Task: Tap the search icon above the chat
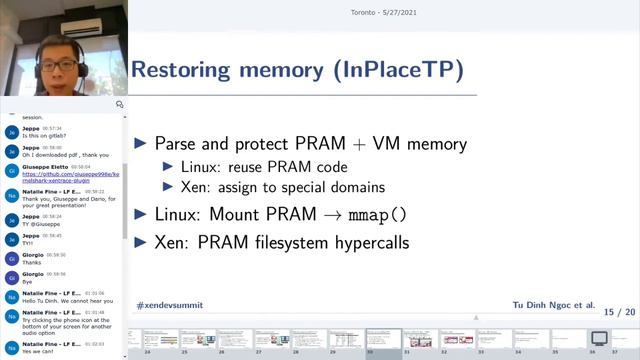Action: click(120, 104)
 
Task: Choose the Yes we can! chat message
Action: click(41, 351)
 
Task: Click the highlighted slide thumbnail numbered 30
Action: click(382, 339)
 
